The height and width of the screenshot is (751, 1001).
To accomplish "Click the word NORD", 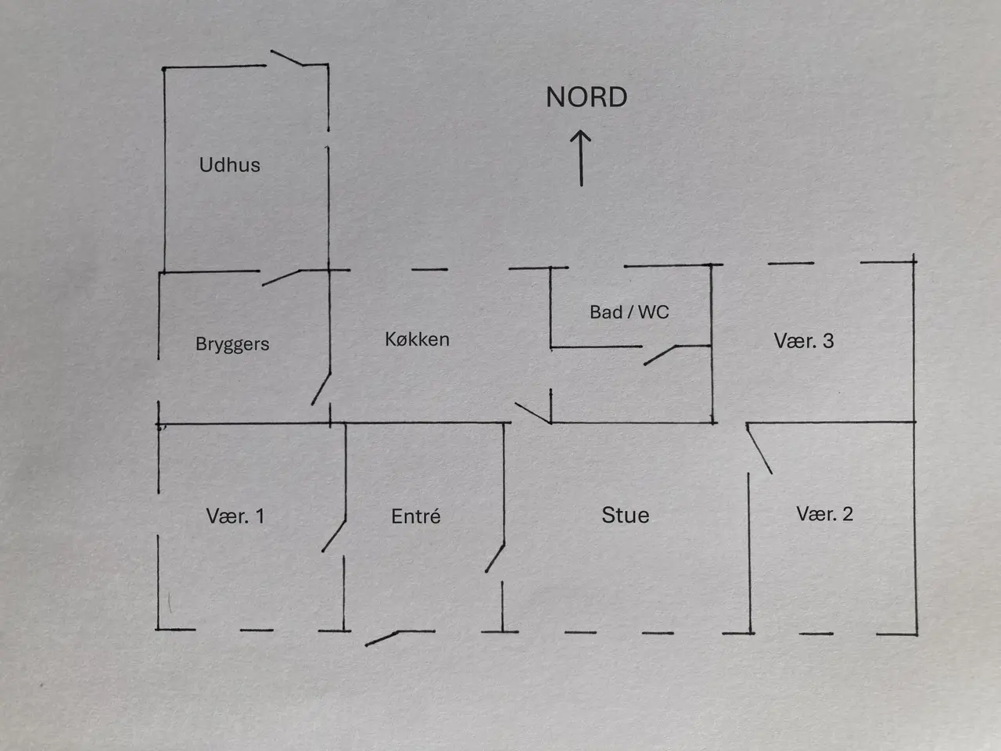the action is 587,97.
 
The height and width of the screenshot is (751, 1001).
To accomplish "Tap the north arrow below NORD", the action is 581,158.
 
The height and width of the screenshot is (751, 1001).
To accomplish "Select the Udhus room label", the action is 229,164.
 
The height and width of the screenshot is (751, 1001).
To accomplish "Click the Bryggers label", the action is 232,344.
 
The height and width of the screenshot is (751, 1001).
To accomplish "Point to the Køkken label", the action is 418,340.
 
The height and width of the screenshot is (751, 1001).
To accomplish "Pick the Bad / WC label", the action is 630,312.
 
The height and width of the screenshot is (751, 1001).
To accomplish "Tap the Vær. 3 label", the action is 804,341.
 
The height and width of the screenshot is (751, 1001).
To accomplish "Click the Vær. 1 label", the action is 235,516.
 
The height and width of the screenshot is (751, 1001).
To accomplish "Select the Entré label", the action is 416,516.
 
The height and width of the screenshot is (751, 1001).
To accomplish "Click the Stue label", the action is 625,516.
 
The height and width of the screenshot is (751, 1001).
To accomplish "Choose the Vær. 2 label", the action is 824,514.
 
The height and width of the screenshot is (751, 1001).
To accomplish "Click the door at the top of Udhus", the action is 286,58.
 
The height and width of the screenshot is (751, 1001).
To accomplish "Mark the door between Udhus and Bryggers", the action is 281,278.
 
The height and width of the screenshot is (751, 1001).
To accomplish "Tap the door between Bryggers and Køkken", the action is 321,389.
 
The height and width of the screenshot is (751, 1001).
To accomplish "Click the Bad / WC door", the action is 660,355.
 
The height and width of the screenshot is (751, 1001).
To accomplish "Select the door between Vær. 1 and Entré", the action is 334,536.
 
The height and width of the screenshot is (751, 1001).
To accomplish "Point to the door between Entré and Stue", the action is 495,558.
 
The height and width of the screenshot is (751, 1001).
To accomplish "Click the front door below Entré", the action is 382,638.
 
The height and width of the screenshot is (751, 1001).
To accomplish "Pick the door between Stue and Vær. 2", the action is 759,449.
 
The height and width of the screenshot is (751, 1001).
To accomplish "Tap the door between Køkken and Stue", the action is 533,413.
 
